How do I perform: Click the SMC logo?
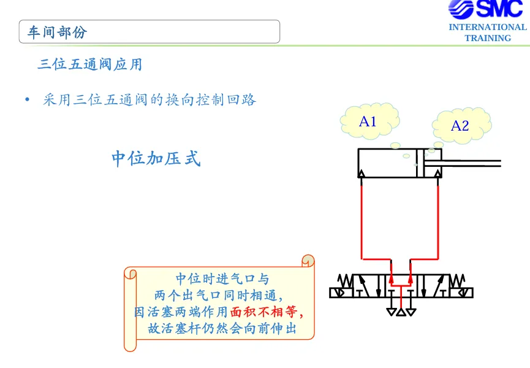click(486, 9)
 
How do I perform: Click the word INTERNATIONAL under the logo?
click(487, 27)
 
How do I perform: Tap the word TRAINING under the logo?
click(487, 38)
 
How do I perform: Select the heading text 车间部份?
click(57, 32)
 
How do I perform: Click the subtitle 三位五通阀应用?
click(90, 64)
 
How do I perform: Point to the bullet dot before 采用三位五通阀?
click(28, 100)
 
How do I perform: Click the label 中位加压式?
click(156, 158)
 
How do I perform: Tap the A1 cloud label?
click(368, 121)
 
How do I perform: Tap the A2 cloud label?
click(460, 126)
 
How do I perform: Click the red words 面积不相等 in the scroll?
click(263, 312)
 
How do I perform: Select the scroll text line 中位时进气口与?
click(222, 279)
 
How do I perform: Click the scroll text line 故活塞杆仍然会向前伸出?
click(222, 328)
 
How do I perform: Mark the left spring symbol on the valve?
click(345, 281)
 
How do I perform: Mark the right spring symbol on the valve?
click(457, 281)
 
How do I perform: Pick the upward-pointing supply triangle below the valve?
click(401, 312)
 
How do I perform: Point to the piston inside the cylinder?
click(420, 163)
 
